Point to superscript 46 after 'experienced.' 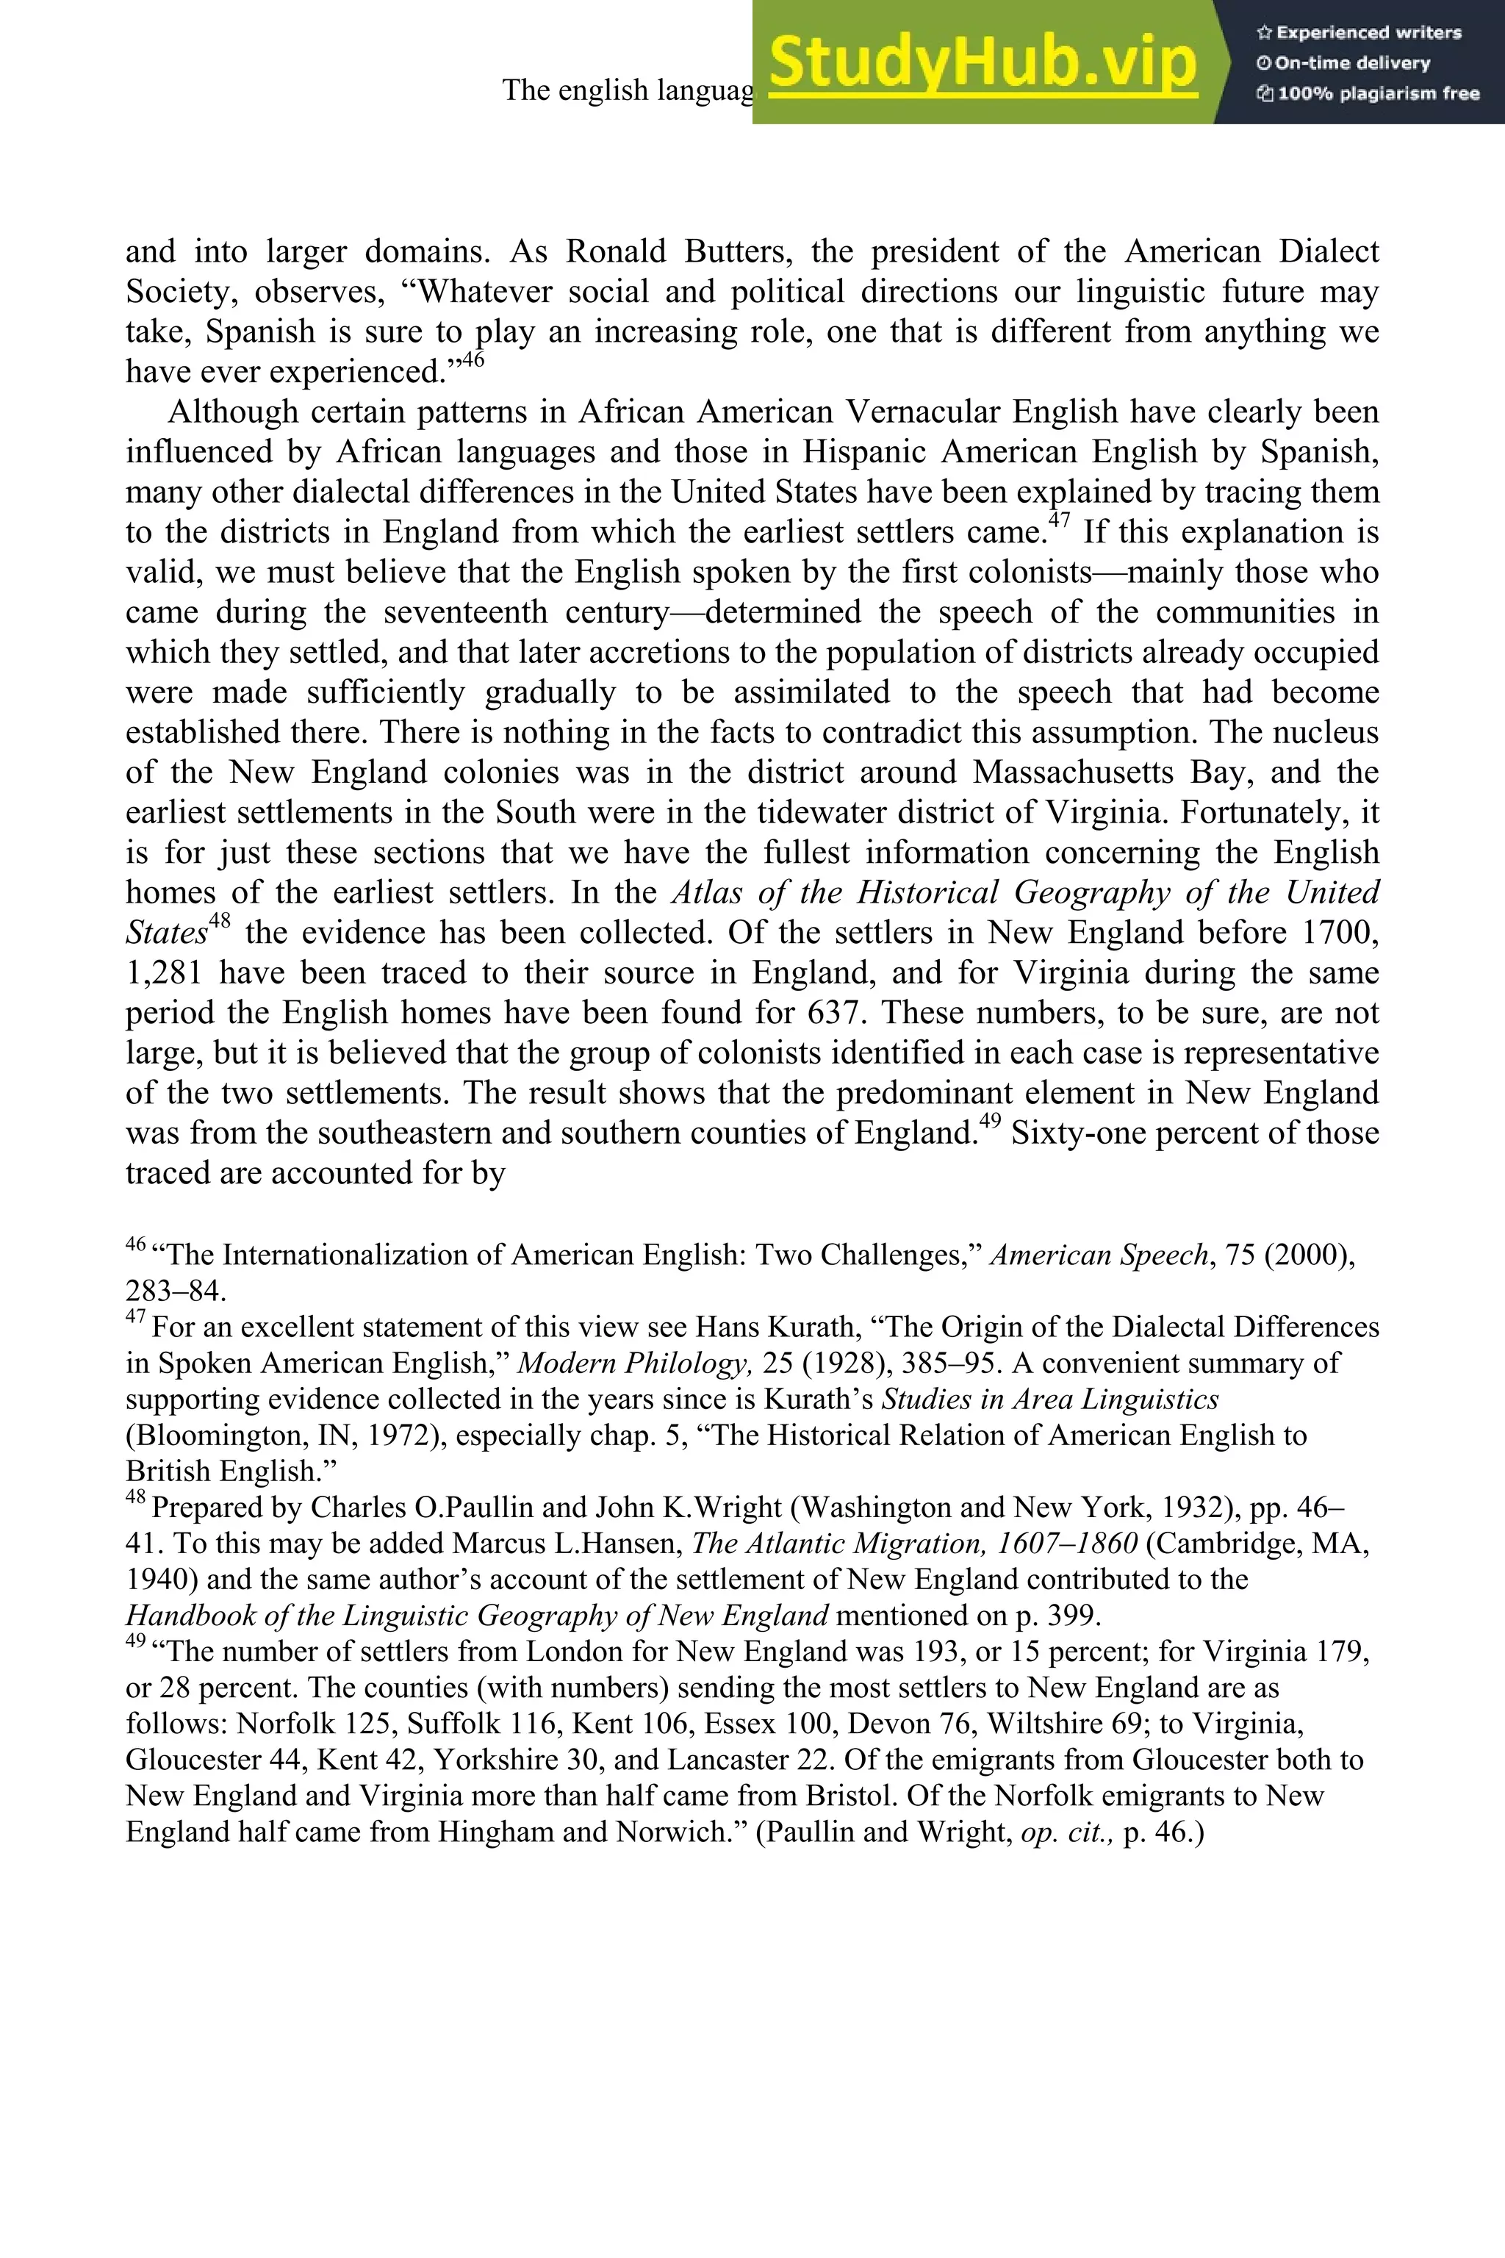pos(473,361)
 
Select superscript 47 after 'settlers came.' pos(1059,521)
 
